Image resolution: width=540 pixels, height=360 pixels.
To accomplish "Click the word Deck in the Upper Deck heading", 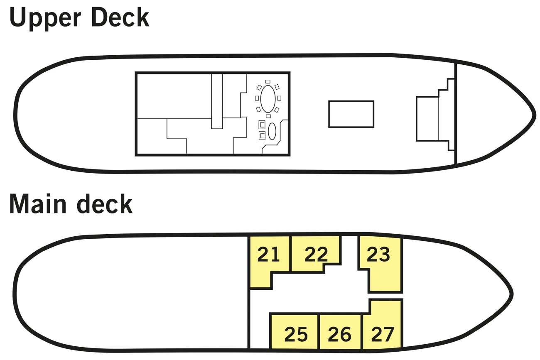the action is (120, 17).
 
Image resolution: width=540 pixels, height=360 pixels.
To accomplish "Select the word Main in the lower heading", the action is (38, 204).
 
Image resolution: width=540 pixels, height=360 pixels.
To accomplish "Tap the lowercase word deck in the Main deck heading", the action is (105, 204).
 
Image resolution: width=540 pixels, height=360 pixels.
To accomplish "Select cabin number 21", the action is (269, 255).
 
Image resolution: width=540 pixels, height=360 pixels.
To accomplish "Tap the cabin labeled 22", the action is (316, 255).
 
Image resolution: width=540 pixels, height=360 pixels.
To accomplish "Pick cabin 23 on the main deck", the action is (378, 255).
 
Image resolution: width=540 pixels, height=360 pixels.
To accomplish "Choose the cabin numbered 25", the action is (296, 334).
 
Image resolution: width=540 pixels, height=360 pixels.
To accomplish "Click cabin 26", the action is (339, 334).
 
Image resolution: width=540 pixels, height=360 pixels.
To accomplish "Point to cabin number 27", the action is (383, 334).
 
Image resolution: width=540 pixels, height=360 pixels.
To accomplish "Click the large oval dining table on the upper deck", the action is (268, 98).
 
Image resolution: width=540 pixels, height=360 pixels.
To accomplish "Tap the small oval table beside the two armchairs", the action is (272, 131).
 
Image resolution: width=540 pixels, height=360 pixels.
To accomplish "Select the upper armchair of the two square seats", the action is (262, 125).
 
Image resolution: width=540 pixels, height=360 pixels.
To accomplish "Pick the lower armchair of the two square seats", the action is (262, 135).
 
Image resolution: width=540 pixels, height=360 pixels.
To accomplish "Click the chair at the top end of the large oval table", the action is (268, 81).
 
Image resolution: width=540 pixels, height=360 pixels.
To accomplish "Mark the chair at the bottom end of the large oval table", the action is (268, 116).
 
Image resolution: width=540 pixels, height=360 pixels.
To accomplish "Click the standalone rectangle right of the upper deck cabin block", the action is (351, 114).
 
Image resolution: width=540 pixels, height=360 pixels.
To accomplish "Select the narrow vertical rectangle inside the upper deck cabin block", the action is (217, 101).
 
